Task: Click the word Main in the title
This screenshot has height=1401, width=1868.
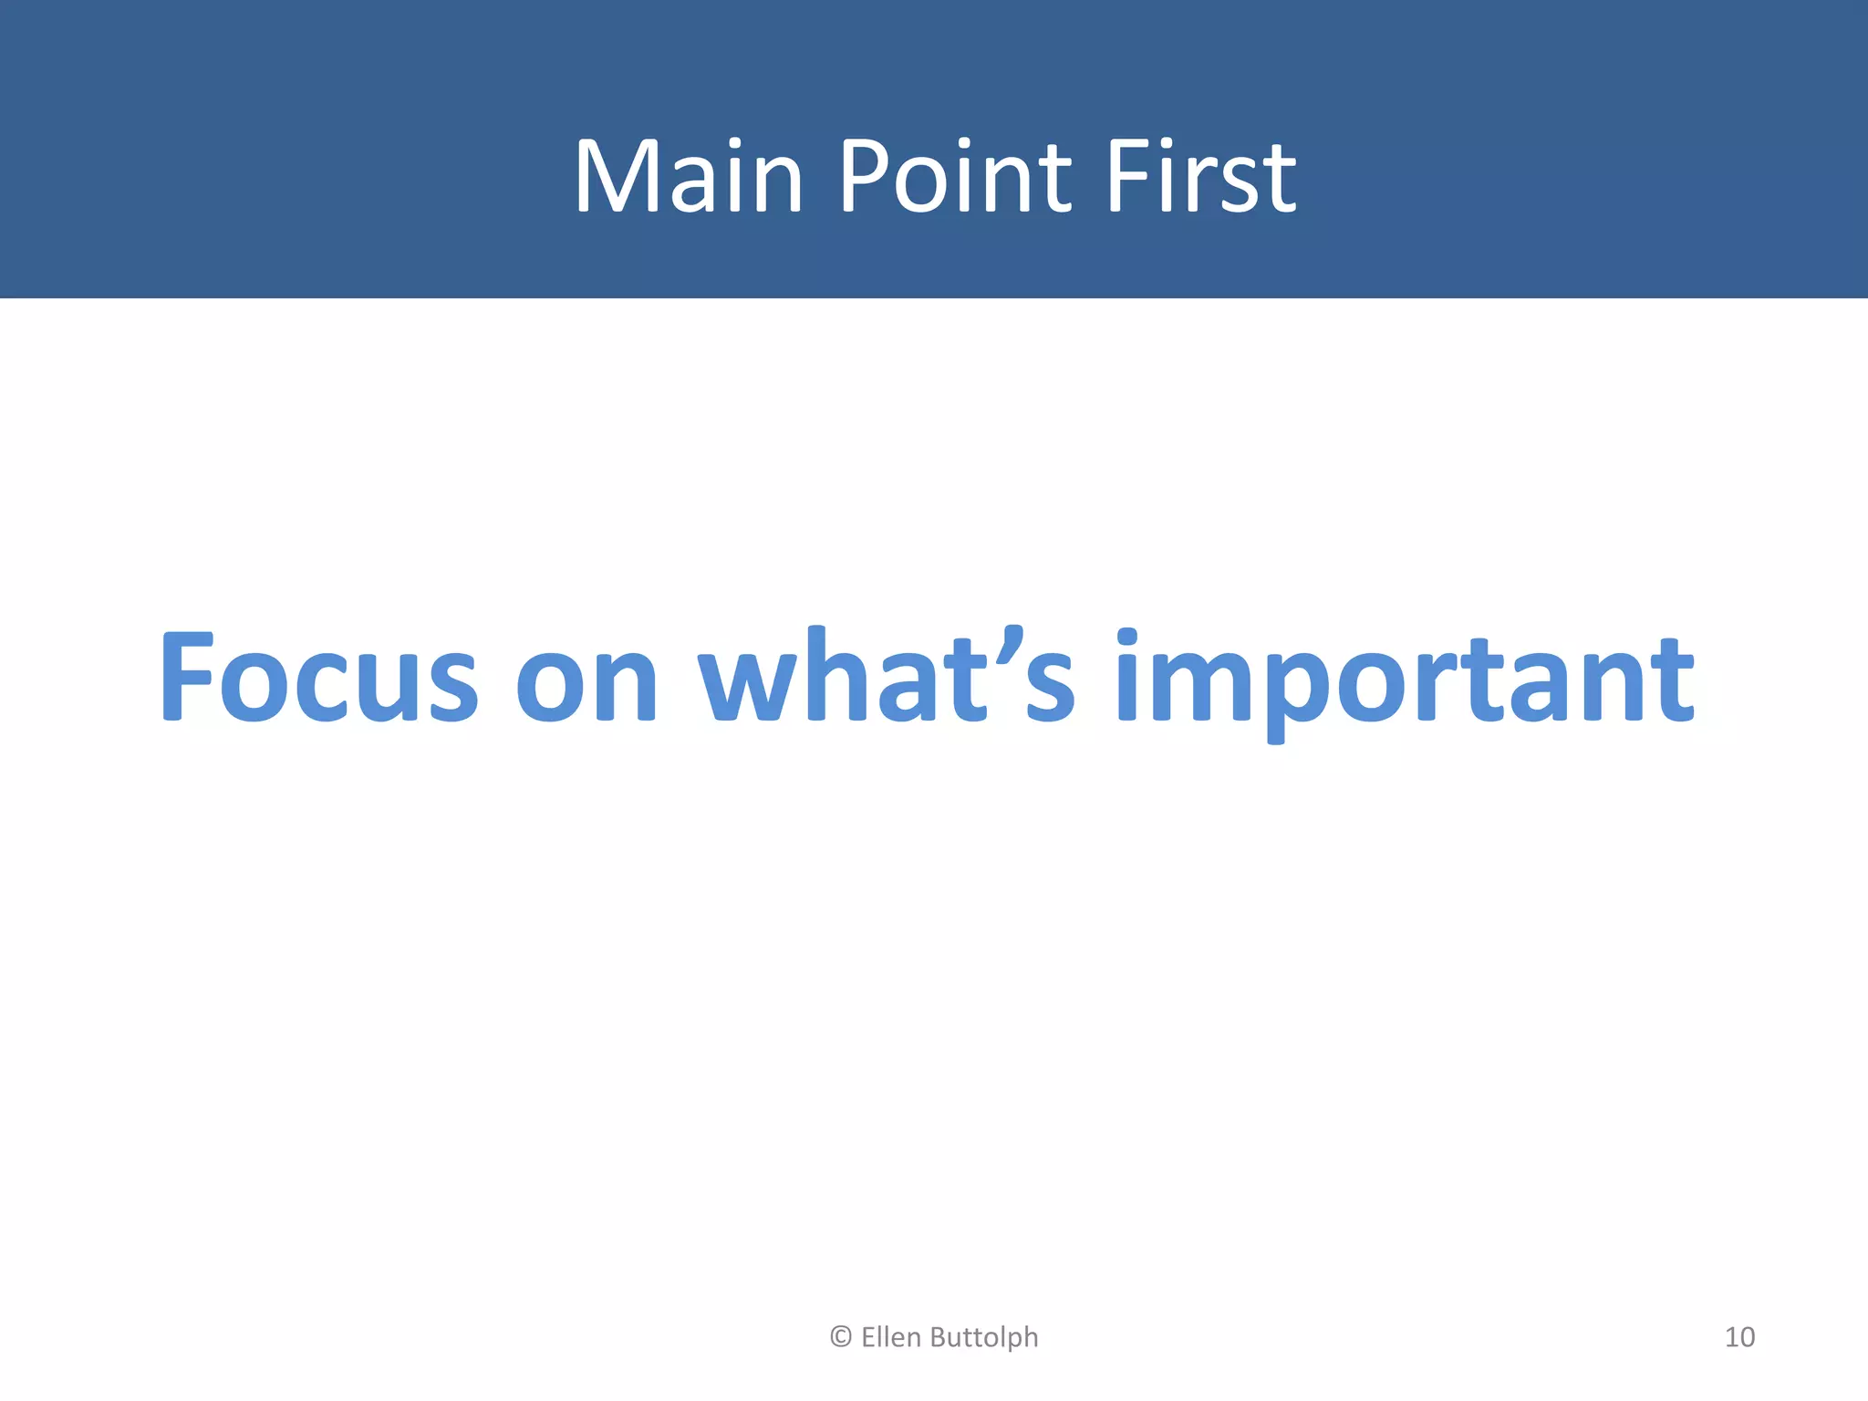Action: tap(689, 176)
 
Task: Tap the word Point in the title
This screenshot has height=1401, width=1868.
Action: tap(954, 176)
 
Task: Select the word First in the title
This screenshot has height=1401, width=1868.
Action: tap(1200, 176)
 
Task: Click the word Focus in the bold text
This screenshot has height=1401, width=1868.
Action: tap(318, 678)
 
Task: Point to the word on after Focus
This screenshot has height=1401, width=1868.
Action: tap(586, 684)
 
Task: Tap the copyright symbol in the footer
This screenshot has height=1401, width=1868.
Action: tap(841, 1337)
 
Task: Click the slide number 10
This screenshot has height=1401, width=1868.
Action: tap(1739, 1337)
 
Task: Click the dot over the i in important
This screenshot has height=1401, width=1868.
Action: tap(1127, 638)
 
